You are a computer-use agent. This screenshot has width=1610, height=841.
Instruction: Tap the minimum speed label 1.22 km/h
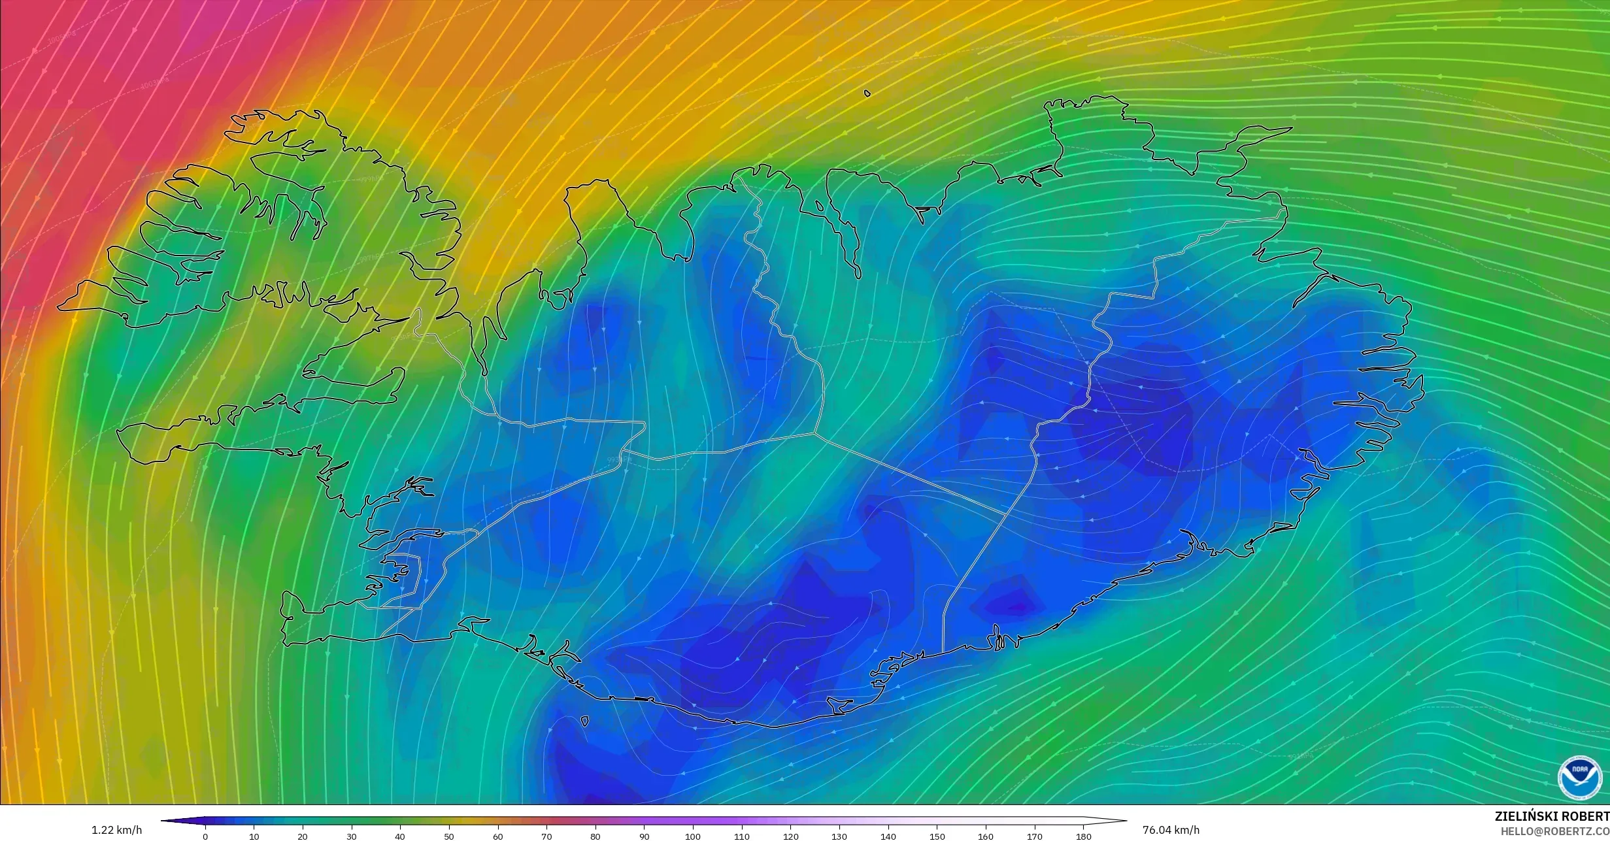tap(116, 831)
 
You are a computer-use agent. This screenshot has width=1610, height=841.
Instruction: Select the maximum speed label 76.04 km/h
tap(1171, 831)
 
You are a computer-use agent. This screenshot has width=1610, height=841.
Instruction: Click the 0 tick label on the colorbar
tap(205, 836)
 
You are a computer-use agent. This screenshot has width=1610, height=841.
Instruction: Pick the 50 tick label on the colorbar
tap(449, 836)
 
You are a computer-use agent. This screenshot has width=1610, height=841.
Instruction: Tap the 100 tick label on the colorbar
tap(693, 836)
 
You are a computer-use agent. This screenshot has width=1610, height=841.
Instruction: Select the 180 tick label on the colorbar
tap(1083, 836)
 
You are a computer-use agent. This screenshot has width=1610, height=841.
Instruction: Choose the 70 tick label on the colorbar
tap(546, 836)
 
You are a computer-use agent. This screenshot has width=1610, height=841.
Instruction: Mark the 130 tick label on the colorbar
tap(839, 836)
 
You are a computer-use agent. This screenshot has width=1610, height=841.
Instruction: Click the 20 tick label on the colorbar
tap(303, 836)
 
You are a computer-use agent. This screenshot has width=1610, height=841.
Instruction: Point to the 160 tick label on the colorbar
tap(986, 836)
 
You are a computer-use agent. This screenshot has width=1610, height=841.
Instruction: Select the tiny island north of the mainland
tap(867, 93)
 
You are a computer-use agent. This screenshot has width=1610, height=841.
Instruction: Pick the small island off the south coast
tap(584, 721)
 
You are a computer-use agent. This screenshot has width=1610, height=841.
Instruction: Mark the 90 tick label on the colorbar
tap(644, 836)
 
